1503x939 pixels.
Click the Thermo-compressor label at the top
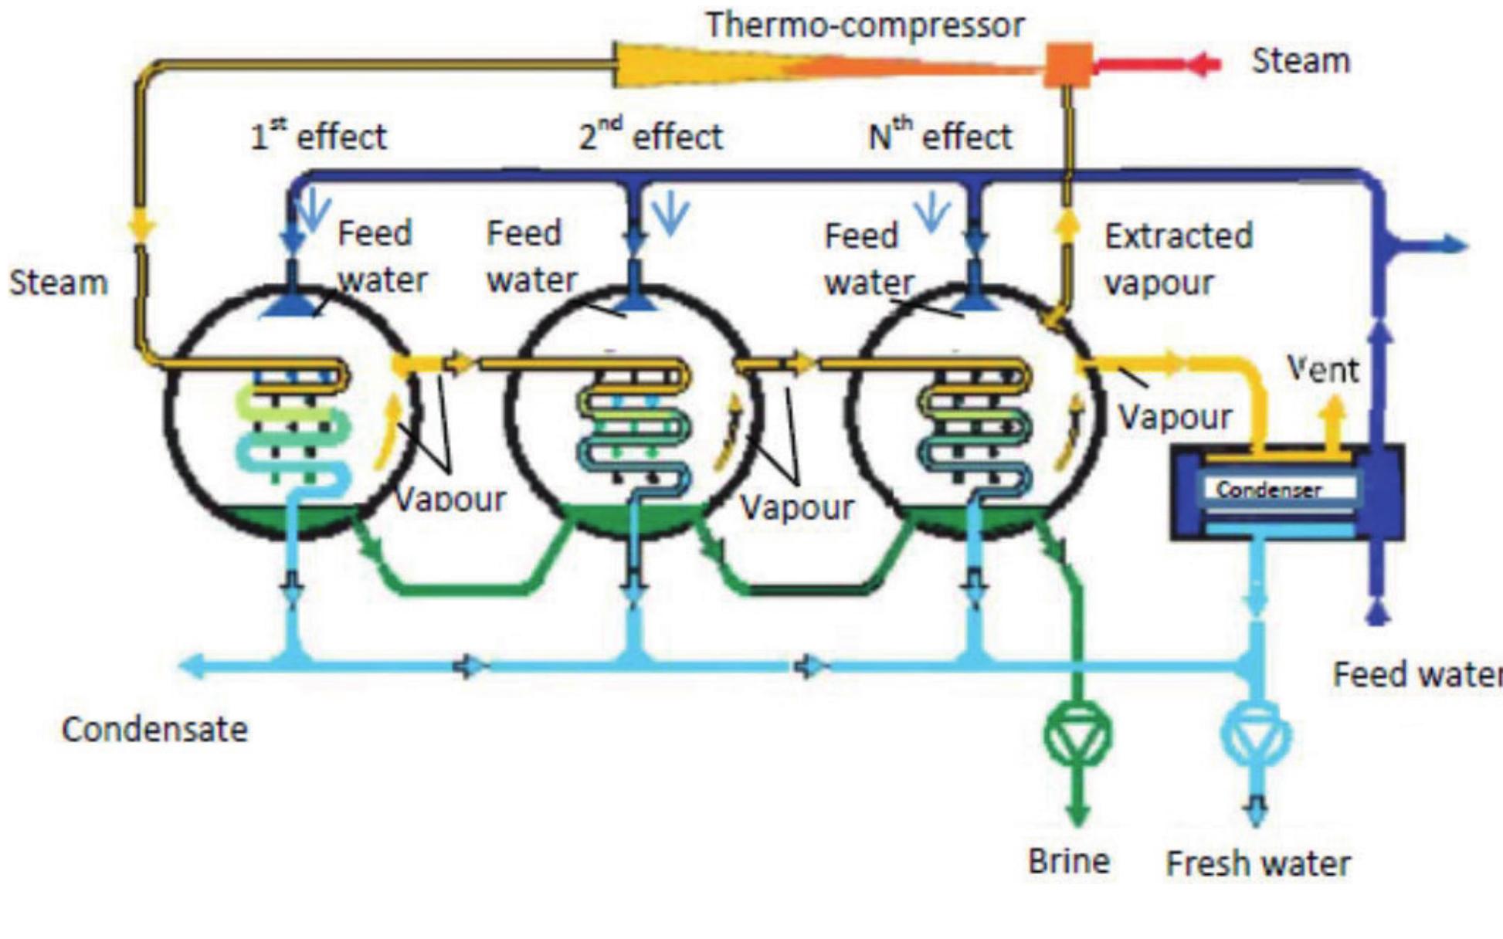(865, 25)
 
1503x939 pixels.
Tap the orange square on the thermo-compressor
(1067, 65)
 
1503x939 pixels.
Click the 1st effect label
(318, 137)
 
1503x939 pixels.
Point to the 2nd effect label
(650, 137)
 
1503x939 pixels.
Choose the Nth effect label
(939, 137)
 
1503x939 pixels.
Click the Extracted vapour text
(1177, 259)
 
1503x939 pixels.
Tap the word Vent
(1322, 369)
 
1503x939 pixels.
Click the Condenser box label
(1268, 489)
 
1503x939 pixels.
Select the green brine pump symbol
(1078, 734)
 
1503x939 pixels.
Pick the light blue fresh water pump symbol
(1255, 734)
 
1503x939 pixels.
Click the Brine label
(1069, 860)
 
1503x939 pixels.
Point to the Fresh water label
(1257, 863)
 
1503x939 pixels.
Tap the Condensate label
(154, 729)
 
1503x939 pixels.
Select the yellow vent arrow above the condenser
(1332, 417)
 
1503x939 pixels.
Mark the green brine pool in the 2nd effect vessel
(633, 517)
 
